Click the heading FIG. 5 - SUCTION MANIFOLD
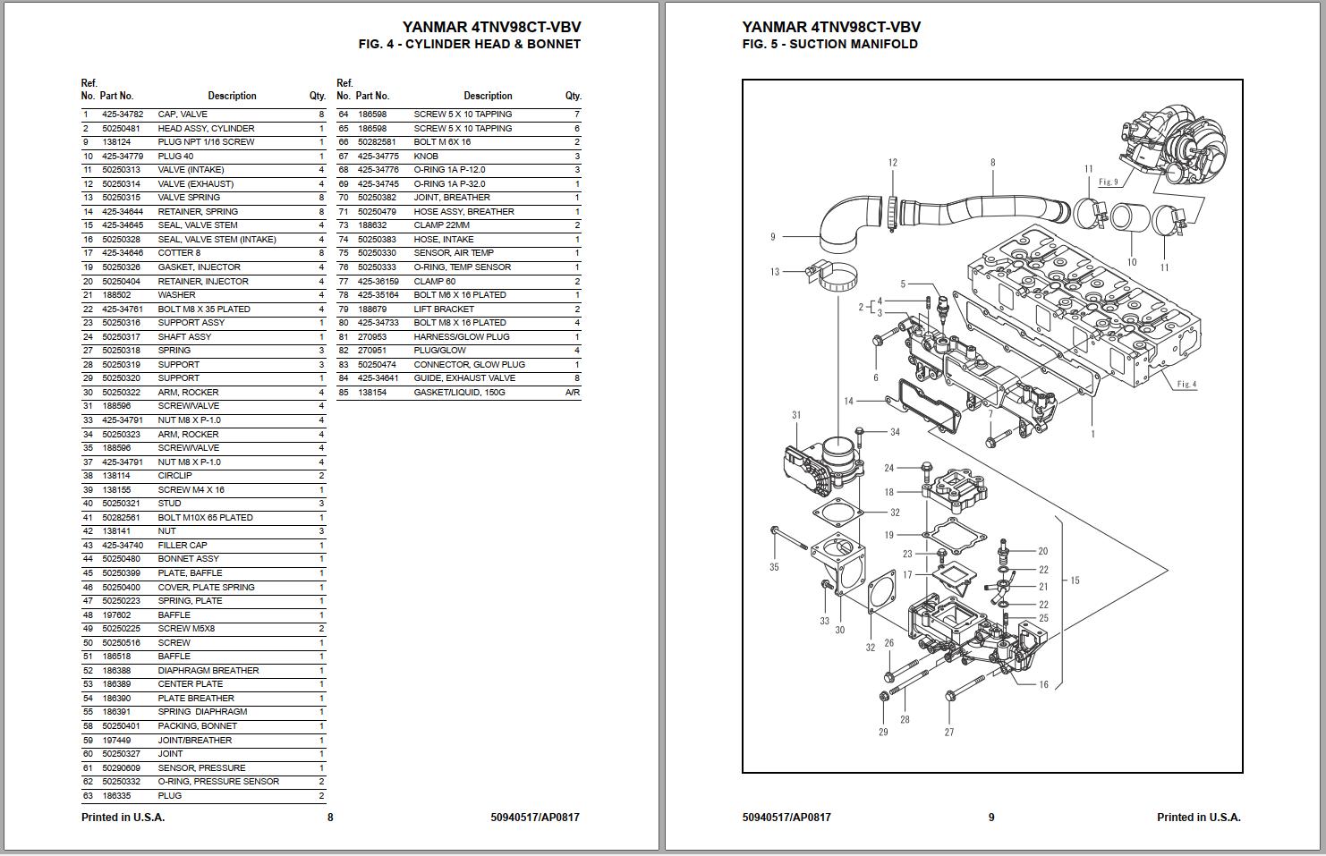[829, 44]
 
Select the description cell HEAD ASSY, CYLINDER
[206, 128]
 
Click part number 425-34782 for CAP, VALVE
[122, 114]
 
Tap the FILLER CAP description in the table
[183, 545]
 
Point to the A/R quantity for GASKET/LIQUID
[573, 392]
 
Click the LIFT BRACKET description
[444, 309]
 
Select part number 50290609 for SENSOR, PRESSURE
[121, 767]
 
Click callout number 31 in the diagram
[796, 415]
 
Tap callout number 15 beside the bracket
[1075, 581]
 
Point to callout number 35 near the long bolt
[774, 566]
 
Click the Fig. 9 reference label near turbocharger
[1108, 182]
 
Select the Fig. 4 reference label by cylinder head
[1186, 384]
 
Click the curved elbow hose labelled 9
[841, 228]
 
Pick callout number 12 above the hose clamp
[892, 163]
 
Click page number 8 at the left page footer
[330, 817]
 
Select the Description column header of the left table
[232, 96]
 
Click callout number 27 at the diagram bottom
[949, 732]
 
